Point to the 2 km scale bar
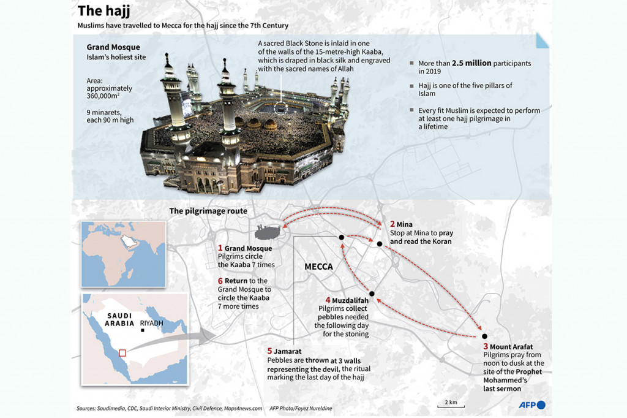[451, 404]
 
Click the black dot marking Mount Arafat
[484, 336]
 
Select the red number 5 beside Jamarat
[269, 351]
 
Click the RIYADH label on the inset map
[152, 323]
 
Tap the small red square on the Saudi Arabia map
[122, 352]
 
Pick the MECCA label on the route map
[318, 267]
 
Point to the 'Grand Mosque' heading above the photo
[113, 47]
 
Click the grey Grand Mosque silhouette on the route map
[268, 232]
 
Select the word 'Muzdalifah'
[350, 300]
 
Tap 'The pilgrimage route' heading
[208, 211]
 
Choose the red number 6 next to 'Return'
[220, 281]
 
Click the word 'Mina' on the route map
[405, 224]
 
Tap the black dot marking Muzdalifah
[371, 292]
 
